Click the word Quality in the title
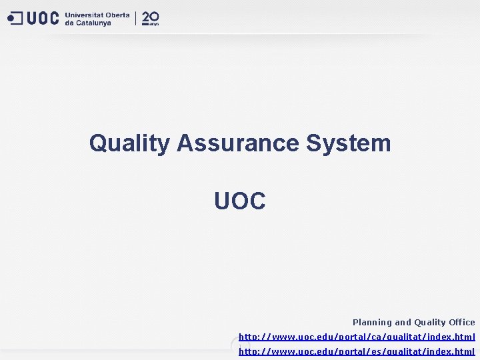click(x=129, y=143)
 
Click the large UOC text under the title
click(x=240, y=201)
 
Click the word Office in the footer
click(x=462, y=322)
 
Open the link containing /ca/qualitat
click(x=357, y=337)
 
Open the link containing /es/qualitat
click(x=357, y=351)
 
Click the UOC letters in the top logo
click(x=43, y=19)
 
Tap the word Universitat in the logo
click(x=83, y=15)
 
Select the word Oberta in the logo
click(x=117, y=15)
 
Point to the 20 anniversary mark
click(x=150, y=17)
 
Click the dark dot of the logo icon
click(x=11, y=19)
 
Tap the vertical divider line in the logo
click(x=136, y=18)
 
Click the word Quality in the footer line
click(x=431, y=322)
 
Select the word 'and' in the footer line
click(x=403, y=322)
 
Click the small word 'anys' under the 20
click(x=154, y=23)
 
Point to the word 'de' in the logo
click(x=69, y=23)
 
